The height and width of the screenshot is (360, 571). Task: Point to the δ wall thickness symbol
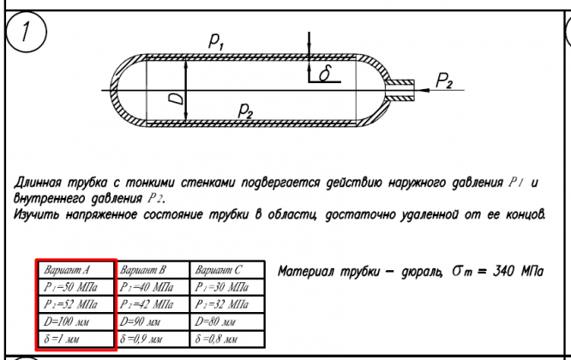pyautogui.click(x=324, y=75)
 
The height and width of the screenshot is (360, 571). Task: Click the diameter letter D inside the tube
pyautogui.click(x=177, y=99)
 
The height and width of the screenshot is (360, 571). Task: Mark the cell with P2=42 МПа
pyautogui.click(x=149, y=304)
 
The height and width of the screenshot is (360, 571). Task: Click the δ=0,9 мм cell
pyautogui.click(x=149, y=339)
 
